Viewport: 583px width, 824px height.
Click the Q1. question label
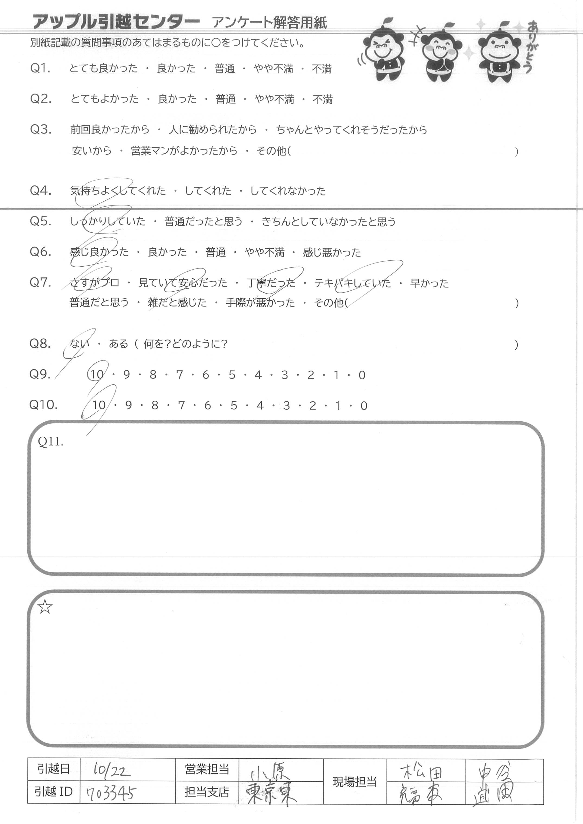(40, 68)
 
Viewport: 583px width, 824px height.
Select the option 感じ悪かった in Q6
(332, 252)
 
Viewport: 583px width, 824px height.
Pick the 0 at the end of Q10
(364, 406)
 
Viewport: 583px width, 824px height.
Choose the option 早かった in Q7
(429, 283)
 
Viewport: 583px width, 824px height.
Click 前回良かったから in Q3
(110, 129)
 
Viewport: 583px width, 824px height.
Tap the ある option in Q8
(118, 344)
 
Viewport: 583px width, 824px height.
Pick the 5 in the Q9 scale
(232, 375)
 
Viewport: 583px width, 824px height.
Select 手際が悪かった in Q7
(260, 302)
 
